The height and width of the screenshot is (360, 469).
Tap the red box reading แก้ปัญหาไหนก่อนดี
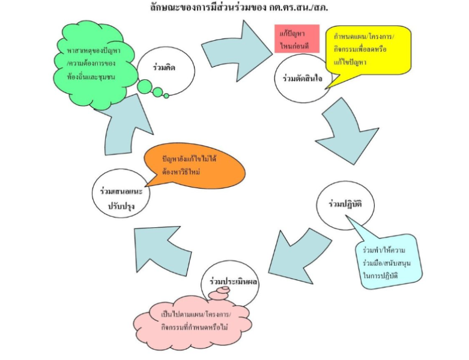point(293,38)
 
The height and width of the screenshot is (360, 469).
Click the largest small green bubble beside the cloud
point(145,87)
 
